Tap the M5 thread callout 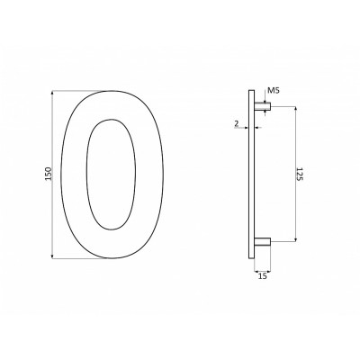(x=274, y=90)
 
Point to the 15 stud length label (x=263, y=278)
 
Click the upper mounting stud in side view (x=264, y=106)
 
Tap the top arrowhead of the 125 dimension (x=293, y=108)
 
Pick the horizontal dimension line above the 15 (x=263, y=270)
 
